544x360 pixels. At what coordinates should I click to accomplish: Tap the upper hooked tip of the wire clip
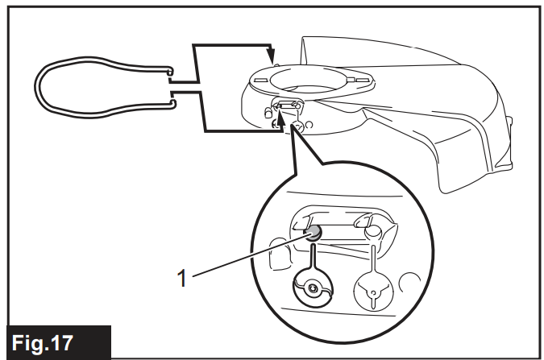(170, 71)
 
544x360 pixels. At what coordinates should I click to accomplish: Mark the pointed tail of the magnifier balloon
(291, 130)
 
